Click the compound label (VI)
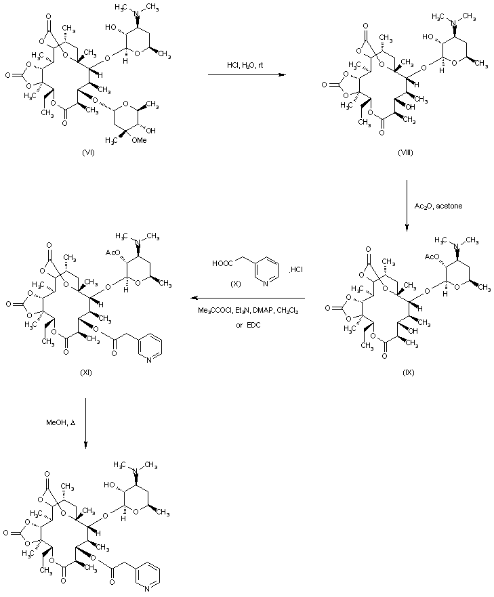(88, 153)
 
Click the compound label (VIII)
(405, 153)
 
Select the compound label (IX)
(408, 372)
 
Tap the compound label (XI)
(86, 372)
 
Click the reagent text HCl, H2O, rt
(245, 66)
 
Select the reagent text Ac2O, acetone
(438, 206)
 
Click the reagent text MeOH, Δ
(60, 422)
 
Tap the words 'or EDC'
(248, 325)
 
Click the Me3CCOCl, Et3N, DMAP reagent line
(248, 311)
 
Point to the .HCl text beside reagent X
(295, 270)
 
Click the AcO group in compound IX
(432, 257)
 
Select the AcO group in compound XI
(112, 252)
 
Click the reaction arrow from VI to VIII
(247, 74)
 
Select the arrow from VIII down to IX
(407, 206)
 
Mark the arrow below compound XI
(86, 422)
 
